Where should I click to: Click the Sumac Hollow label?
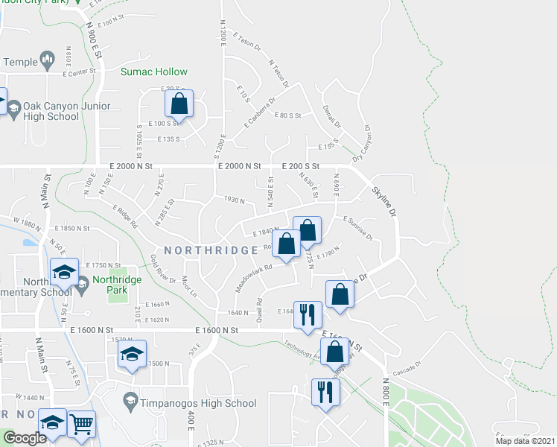click(x=154, y=72)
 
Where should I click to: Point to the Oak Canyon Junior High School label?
click(x=51, y=111)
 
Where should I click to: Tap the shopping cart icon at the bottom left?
click(x=81, y=425)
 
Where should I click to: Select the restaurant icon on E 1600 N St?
click(x=308, y=314)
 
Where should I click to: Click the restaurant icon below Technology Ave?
click(x=325, y=392)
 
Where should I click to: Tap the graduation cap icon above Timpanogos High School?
click(x=132, y=354)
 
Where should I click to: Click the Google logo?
click(x=24, y=438)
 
